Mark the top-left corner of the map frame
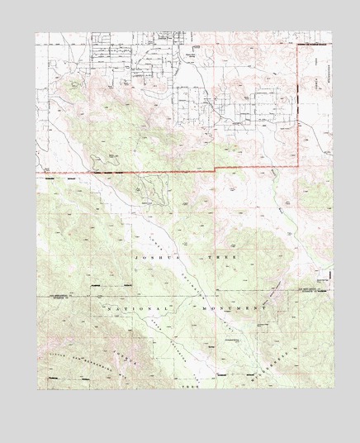(x=36, y=32)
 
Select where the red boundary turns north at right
(x=297, y=164)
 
